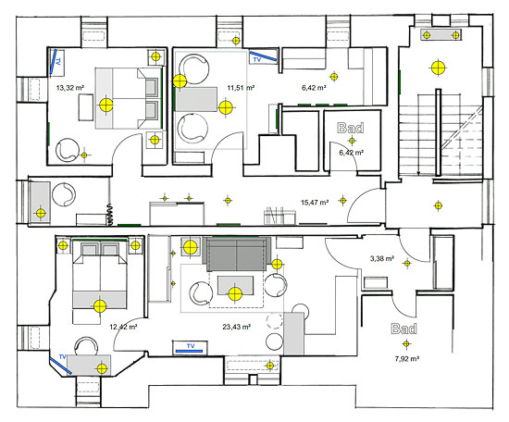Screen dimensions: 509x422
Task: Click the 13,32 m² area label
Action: tap(70, 88)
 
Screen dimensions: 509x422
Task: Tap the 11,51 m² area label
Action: tap(241, 88)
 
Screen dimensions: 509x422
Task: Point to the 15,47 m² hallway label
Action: tap(315, 203)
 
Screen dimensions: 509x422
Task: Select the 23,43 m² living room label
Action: tap(236, 327)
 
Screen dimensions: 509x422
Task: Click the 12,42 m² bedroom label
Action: tap(123, 327)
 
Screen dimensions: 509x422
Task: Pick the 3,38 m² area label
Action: tap(382, 259)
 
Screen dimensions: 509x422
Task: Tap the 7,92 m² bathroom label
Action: tap(407, 359)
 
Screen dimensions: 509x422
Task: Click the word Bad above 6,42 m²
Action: tap(350, 128)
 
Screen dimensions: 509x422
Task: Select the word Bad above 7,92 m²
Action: tap(403, 329)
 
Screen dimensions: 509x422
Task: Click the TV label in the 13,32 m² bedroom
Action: tap(58, 61)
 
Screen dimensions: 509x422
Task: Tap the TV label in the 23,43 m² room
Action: tap(191, 346)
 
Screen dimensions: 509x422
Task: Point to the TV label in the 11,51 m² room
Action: tap(256, 60)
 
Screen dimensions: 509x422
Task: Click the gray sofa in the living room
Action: tap(237, 254)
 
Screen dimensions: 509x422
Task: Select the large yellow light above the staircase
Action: tap(438, 68)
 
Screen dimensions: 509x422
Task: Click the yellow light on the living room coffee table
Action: tap(235, 294)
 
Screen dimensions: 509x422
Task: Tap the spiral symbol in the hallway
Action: tap(110, 215)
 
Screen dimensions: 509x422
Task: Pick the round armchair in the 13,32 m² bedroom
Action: tap(68, 150)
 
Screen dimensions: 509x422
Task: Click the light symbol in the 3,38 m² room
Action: tap(407, 263)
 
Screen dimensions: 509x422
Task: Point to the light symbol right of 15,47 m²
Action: tap(342, 201)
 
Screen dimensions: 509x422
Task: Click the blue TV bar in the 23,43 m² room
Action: tap(189, 351)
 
